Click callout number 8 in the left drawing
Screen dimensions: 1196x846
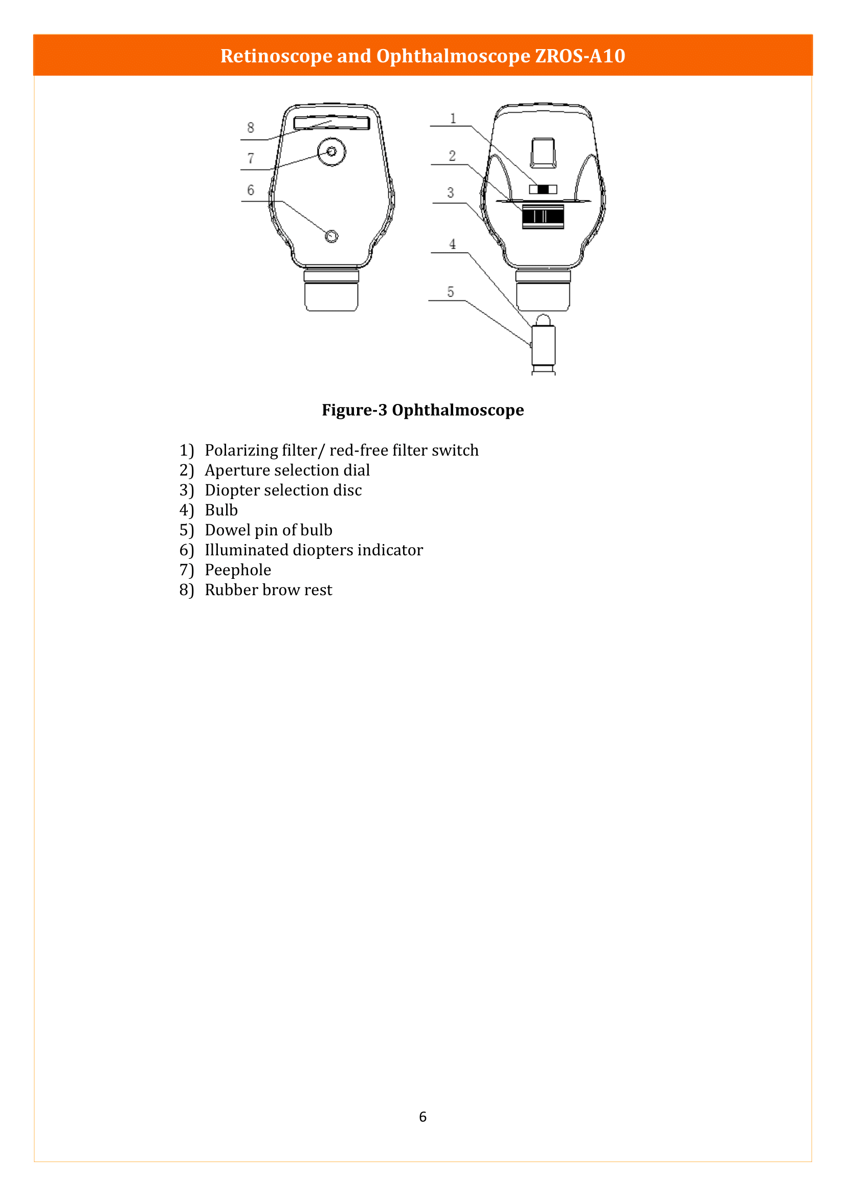coord(251,128)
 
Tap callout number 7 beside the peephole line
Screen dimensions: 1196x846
coord(251,158)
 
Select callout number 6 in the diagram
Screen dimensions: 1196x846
coord(251,190)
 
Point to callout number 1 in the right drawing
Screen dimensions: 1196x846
coord(453,119)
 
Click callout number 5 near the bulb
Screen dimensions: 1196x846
coord(451,291)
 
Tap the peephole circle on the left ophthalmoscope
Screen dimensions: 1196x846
coord(331,151)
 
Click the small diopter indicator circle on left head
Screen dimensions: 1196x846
coord(331,237)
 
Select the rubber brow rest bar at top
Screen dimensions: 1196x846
coord(332,123)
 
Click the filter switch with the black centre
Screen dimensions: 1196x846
coord(543,189)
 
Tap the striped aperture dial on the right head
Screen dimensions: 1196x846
coord(543,216)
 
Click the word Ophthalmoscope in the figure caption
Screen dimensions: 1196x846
coord(457,410)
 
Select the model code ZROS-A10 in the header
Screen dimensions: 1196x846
coord(580,56)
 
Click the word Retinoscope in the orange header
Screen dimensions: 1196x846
coord(276,56)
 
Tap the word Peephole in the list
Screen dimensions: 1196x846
coord(237,570)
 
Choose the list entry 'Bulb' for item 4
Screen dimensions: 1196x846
coord(221,510)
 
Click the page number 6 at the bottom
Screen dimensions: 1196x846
coord(422,1116)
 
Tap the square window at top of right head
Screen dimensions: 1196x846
coord(543,152)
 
